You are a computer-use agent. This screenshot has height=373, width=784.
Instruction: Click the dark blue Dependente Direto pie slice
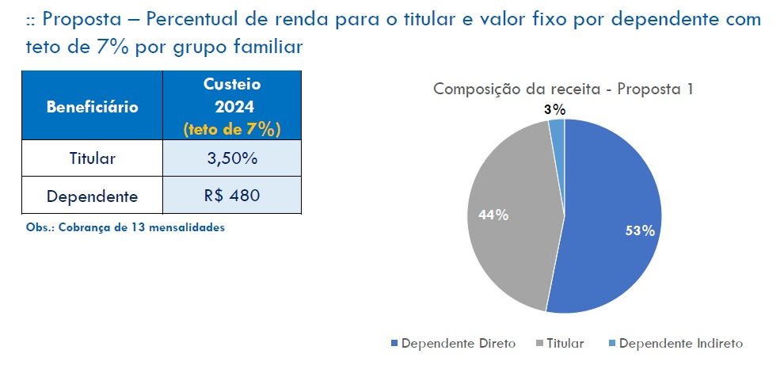[x=610, y=198]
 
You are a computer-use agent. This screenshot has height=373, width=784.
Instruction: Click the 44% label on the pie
[x=493, y=215]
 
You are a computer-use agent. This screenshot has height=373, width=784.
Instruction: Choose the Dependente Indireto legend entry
[x=680, y=344]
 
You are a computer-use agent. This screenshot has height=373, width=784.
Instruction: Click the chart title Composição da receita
[x=563, y=89]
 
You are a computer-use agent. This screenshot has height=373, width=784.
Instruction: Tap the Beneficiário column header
[x=92, y=106]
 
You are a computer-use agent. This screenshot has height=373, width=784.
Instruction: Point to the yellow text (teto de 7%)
[x=232, y=128]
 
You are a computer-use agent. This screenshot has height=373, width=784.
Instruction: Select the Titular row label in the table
[x=92, y=158]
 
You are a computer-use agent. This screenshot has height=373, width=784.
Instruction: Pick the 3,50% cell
[x=232, y=158]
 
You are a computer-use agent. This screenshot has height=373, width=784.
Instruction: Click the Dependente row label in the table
[x=92, y=196]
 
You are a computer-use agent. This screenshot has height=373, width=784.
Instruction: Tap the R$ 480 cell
[x=232, y=196]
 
